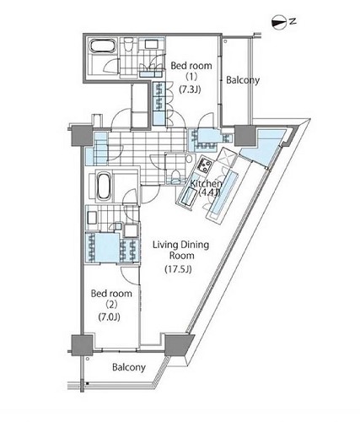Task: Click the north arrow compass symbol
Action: tap(278, 23)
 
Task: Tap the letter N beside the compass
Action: tap(293, 21)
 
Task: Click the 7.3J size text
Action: tap(190, 89)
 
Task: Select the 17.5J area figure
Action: tap(178, 269)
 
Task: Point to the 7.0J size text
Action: tap(110, 316)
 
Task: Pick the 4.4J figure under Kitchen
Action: tap(209, 192)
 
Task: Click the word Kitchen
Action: tap(206, 184)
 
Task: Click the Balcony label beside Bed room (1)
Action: tap(243, 80)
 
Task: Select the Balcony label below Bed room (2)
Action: tap(129, 367)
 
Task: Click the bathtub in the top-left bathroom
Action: tap(102, 46)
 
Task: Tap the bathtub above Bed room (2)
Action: tap(104, 187)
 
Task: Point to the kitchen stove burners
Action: tap(205, 165)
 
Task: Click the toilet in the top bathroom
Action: tap(128, 45)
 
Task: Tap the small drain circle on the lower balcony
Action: tap(88, 359)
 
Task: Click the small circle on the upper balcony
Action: tap(225, 41)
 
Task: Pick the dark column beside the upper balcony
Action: tap(244, 136)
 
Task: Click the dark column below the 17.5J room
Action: tap(178, 345)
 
